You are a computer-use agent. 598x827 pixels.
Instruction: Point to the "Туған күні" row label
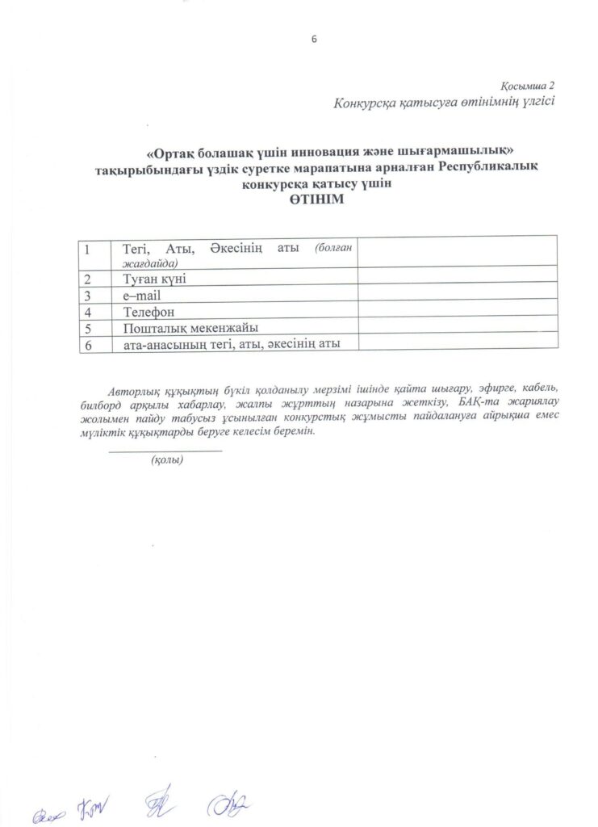coord(155,279)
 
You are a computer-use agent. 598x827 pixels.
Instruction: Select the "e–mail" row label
coord(142,295)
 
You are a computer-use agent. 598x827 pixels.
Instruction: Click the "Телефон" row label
coord(148,311)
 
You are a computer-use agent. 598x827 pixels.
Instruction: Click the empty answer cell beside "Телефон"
coord(457,311)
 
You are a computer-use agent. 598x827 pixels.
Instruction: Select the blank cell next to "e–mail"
coord(457,295)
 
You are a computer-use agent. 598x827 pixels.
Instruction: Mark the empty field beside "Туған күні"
coord(457,279)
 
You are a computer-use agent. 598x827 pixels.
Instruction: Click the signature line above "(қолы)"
coord(165,450)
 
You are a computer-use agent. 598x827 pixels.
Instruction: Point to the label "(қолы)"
coord(166,460)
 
